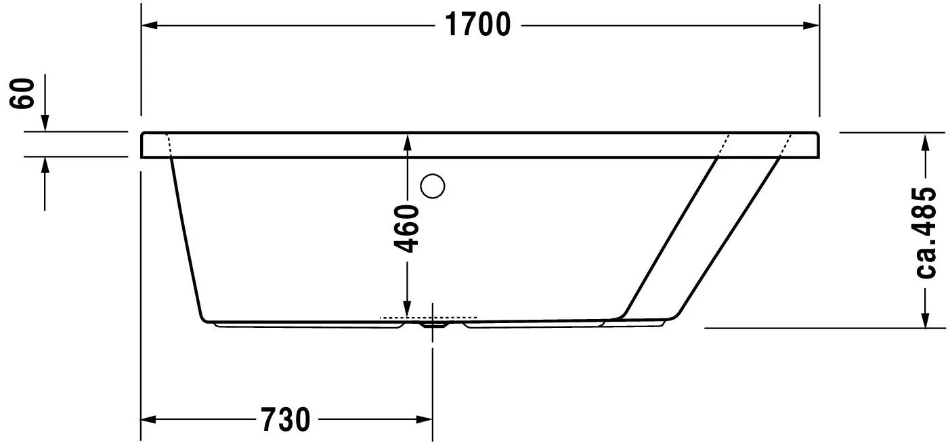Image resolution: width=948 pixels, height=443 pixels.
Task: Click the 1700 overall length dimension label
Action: pos(478,26)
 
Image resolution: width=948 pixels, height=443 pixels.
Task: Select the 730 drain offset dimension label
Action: pos(284,420)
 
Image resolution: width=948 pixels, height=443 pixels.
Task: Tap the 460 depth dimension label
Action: pos(406,228)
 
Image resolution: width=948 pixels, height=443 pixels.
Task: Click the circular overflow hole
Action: pos(432,186)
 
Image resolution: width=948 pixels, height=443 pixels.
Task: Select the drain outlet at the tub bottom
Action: pos(433,324)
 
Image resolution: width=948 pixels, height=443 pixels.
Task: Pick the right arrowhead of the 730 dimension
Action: pos(425,420)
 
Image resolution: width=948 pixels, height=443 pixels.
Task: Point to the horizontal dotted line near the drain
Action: pos(429,317)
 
